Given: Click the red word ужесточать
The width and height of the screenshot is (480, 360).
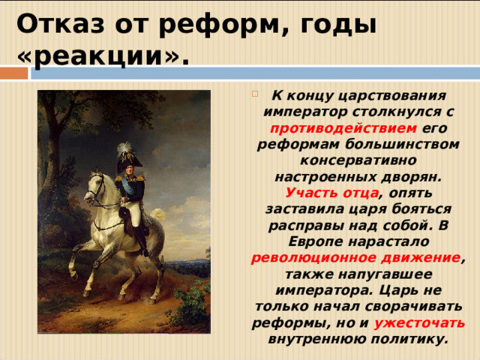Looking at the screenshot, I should click(419, 323).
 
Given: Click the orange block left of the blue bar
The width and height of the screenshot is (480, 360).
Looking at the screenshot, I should click(13, 73).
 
